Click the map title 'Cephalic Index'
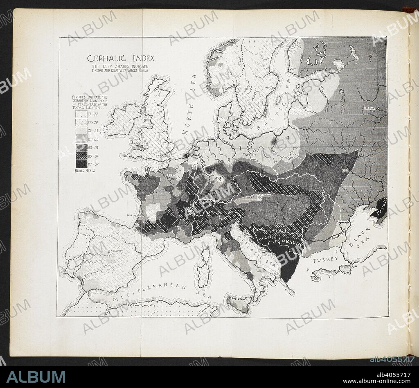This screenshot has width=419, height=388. [121, 58]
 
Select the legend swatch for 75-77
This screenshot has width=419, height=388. [81, 115]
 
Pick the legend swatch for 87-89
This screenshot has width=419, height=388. [81, 164]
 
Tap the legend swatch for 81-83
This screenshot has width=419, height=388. [81, 139]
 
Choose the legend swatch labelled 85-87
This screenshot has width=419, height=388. [81, 156]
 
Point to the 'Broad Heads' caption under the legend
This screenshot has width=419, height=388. [85, 171]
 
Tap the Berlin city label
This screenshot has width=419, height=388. [250, 155]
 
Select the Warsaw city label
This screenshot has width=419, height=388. [295, 158]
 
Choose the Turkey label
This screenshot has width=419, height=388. [326, 259]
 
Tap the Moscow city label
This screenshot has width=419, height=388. [369, 108]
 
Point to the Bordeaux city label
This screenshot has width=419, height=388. [135, 214]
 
